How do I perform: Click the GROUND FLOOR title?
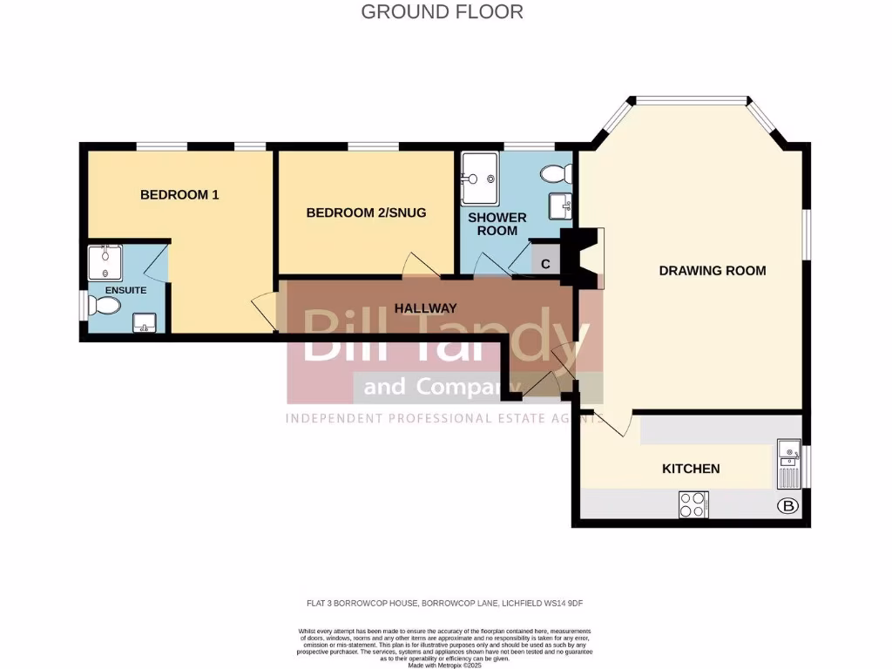point(442,12)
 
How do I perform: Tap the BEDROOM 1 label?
point(179,195)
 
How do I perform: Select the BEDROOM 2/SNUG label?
point(366,213)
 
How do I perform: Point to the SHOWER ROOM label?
point(497,224)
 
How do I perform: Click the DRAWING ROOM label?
point(712,271)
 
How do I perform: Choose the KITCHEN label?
point(691,469)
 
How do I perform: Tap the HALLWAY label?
point(425,308)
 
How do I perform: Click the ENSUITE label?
point(125,290)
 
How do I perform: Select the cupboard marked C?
point(545,263)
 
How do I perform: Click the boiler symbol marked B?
point(787,505)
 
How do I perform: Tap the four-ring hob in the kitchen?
point(693,504)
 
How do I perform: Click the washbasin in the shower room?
point(560,206)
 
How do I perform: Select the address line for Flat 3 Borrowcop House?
point(445,603)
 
